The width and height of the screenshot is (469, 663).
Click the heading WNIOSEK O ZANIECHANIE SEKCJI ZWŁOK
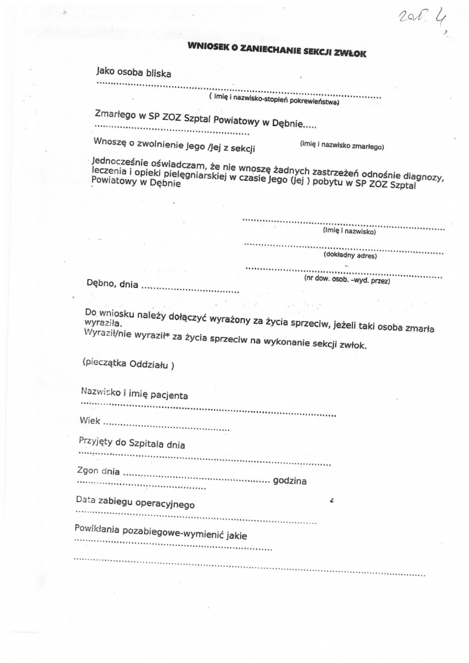tap(277, 50)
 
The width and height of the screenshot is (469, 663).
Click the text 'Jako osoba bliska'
tap(133, 72)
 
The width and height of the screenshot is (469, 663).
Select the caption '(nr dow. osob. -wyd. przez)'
tap(347, 280)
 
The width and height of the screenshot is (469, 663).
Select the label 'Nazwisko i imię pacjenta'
tap(134, 394)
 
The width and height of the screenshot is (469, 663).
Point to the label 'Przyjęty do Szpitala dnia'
tap(132, 444)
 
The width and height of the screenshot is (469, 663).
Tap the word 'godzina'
tap(290, 481)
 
